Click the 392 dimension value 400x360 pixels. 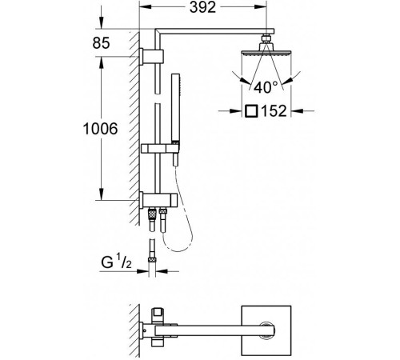(x=202, y=7)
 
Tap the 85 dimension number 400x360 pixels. (x=101, y=42)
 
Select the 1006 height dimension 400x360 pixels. (x=100, y=129)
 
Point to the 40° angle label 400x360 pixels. (x=266, y=87)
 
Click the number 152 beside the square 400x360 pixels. (x=274, y=110)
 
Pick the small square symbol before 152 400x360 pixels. (x=251, y=111)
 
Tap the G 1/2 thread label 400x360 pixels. (x=116, y=262)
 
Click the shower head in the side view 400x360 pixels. (x=266, y=50)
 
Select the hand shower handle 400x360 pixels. (x=175, y=107)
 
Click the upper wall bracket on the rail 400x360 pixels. (x=151, y=57)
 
